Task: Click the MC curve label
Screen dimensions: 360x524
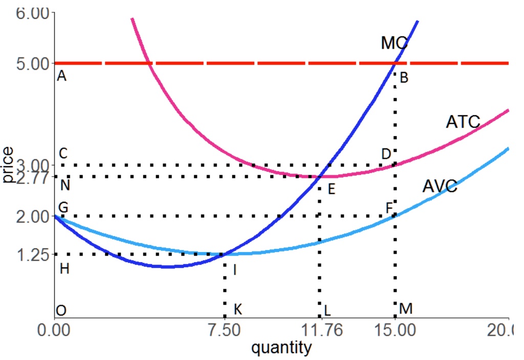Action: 394,43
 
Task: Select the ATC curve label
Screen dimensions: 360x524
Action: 463,122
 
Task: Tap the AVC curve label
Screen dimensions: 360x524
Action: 440,186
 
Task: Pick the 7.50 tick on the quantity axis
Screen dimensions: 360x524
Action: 224,330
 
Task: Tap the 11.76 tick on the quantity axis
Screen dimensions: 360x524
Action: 320,330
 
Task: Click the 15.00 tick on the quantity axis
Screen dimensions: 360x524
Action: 395,330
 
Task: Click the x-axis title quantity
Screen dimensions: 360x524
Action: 281,348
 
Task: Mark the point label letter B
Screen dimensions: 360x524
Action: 404,78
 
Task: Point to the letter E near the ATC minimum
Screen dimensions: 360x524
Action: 331,190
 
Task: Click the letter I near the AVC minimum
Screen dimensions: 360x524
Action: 234,270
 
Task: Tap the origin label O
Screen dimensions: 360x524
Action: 61,310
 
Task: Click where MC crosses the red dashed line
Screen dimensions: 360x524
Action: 395,63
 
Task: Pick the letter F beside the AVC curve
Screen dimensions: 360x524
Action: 389,207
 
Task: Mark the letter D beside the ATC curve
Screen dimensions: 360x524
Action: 385,154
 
